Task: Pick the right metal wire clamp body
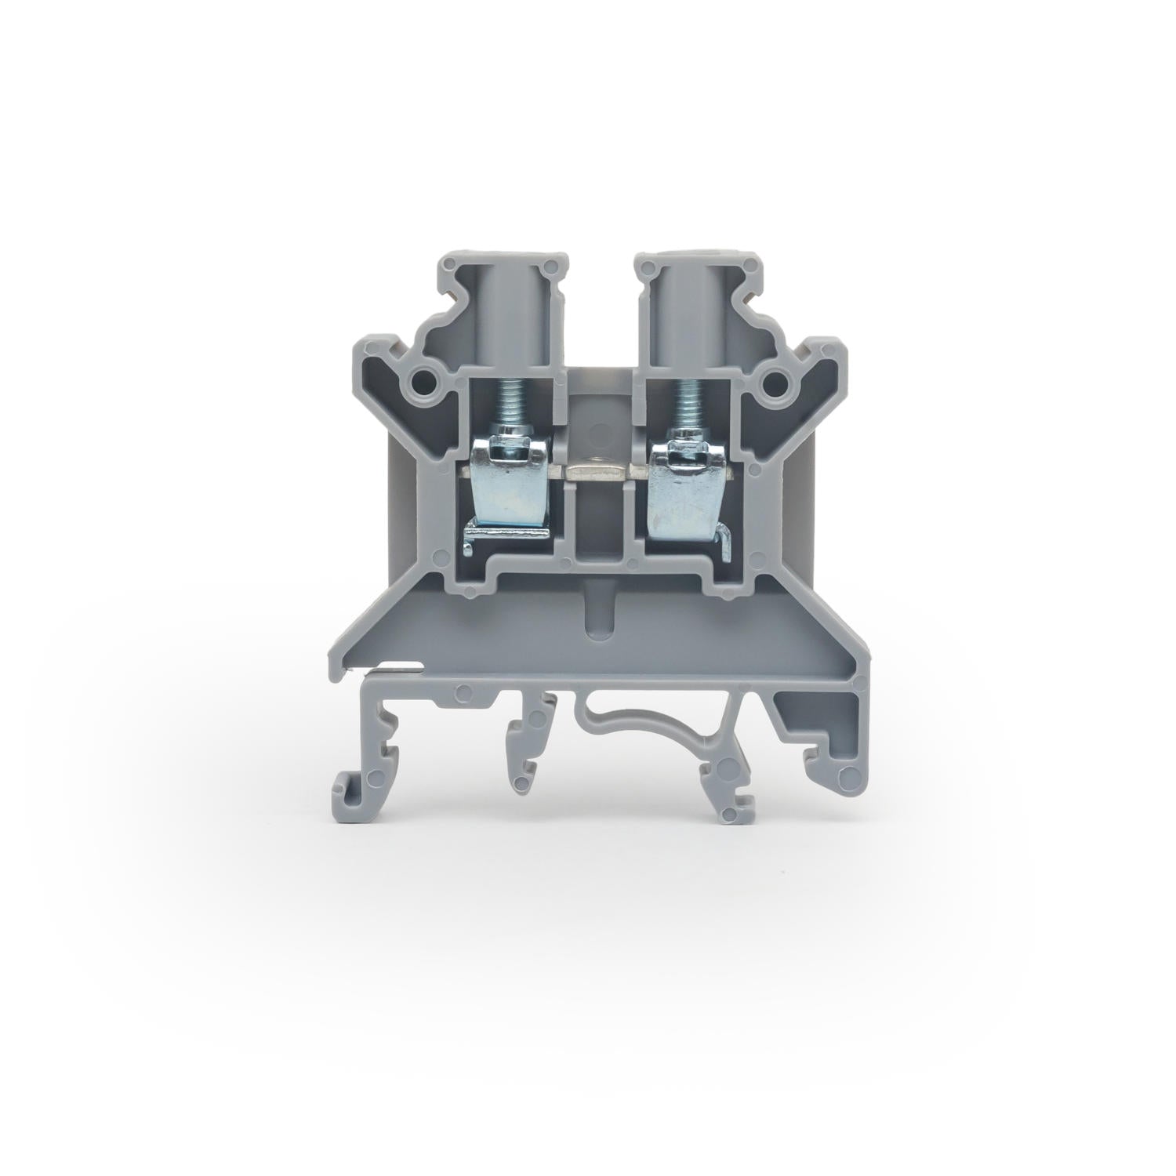point(679,486)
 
